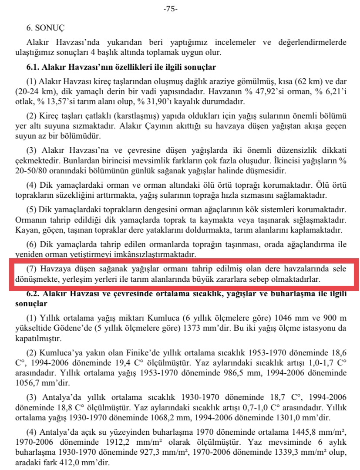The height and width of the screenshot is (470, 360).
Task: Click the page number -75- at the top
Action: coord(170,9)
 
